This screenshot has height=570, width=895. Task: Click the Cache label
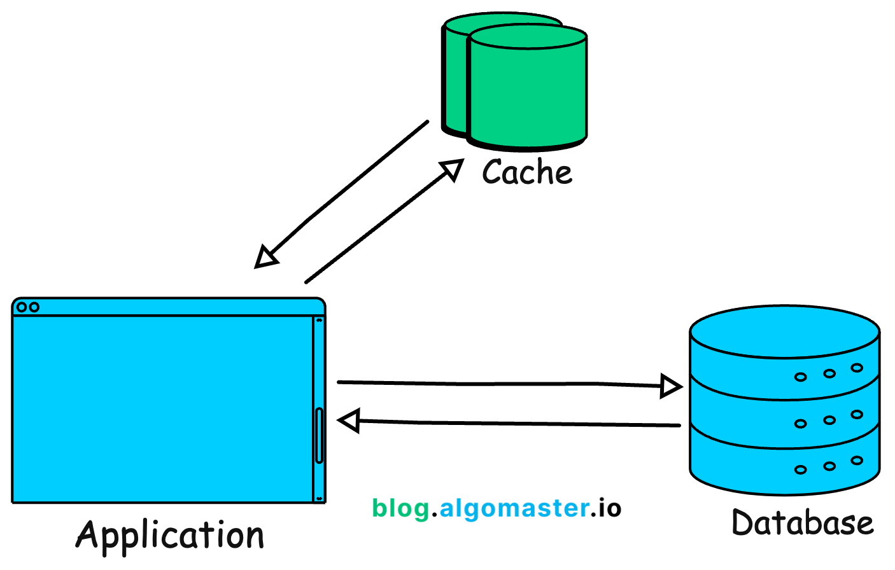[527, 172]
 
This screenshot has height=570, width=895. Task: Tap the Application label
[170, 536]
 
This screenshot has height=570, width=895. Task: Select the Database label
[802, 523]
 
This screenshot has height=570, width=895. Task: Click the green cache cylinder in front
[527, 95]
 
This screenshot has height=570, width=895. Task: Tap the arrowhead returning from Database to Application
[349, 421]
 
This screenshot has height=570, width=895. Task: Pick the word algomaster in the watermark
[514, 508]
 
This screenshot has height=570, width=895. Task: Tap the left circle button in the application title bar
[22, 307]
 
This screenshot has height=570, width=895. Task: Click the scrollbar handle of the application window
[319, 435]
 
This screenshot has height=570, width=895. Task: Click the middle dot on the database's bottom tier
[829, 466]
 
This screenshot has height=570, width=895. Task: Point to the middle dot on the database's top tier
[829, 373]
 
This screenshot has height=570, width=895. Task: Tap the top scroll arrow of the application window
[319, 321]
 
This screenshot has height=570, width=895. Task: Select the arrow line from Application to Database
[497, 384]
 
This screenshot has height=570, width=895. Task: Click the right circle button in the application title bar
[34, 307]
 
